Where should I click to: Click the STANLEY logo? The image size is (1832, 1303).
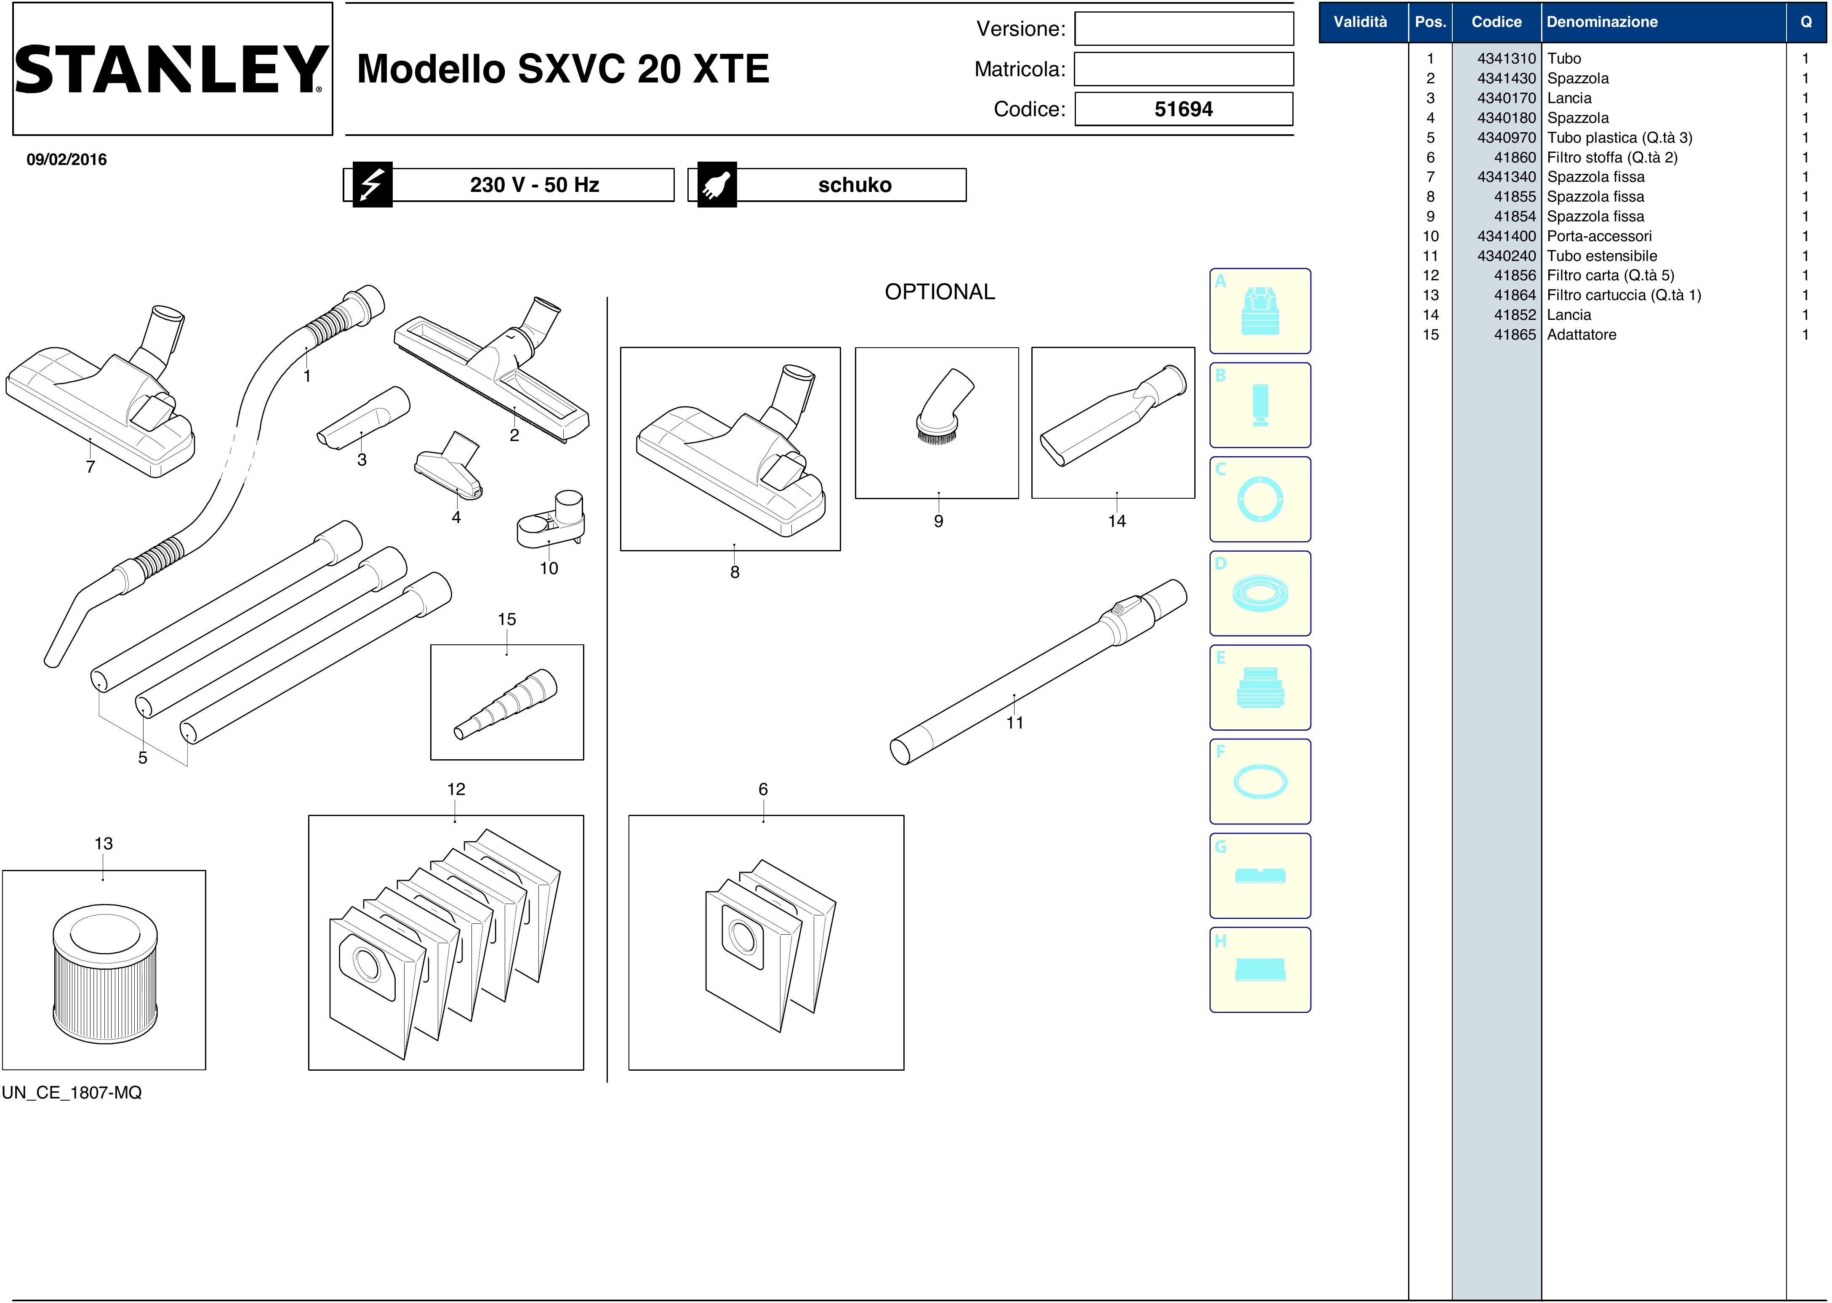(x=171, y=69)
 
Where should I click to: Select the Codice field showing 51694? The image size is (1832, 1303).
(x=1184, y=109)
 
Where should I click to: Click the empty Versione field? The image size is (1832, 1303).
(x=1184, y=29)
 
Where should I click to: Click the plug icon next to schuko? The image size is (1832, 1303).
(x=716, y=184)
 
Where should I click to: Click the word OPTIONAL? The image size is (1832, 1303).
(x=940, y=292)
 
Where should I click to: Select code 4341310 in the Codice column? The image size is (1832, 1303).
(x=1506, y=59)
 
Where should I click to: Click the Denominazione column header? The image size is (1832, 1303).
(x=1602, y=21)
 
